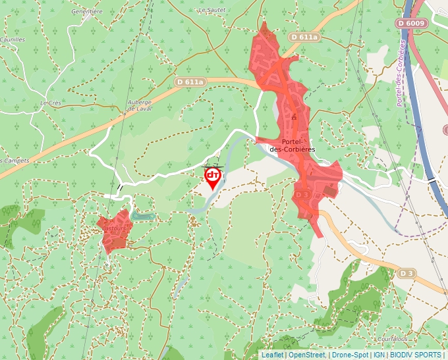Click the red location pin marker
point(213,177)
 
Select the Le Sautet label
point(211,11)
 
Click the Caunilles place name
point(12,39)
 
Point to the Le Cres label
point(50,103)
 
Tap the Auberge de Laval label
point(140,105)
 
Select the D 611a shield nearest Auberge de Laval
point(190,82)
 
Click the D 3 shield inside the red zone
point(302,195)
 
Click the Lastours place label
point(115,228)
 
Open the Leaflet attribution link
point(272,355)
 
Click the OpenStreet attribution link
point(307,355)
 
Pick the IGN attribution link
point(379,355)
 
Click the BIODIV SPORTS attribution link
point(415,355)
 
